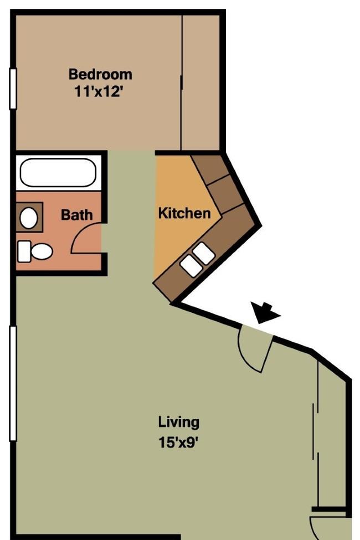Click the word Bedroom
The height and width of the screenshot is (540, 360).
[x=100, y=74]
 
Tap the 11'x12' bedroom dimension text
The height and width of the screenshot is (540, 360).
[x=99, y=92]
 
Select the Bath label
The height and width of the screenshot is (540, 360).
[x=77, y=215]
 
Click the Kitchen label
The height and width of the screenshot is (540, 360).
[x=184, y=213]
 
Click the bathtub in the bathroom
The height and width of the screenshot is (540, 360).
[x=58, y=173]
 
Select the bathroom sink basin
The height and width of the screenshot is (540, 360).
[x=29, y=218]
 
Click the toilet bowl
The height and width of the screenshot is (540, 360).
[x=42, y=252]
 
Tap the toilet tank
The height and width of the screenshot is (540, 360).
[x=24, y=251]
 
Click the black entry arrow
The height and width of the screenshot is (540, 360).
[x=265, y=312]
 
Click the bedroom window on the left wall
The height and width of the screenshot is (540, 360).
[x=13, y=89]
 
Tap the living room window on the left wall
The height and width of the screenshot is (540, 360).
[x=13, y=383]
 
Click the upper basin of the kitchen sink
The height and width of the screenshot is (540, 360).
[x=204, y=253]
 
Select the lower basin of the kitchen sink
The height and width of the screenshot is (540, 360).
[x=191, y=266]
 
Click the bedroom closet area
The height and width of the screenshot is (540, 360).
[x=200, y=83]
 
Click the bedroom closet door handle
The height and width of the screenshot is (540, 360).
[x=181, y=83]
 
